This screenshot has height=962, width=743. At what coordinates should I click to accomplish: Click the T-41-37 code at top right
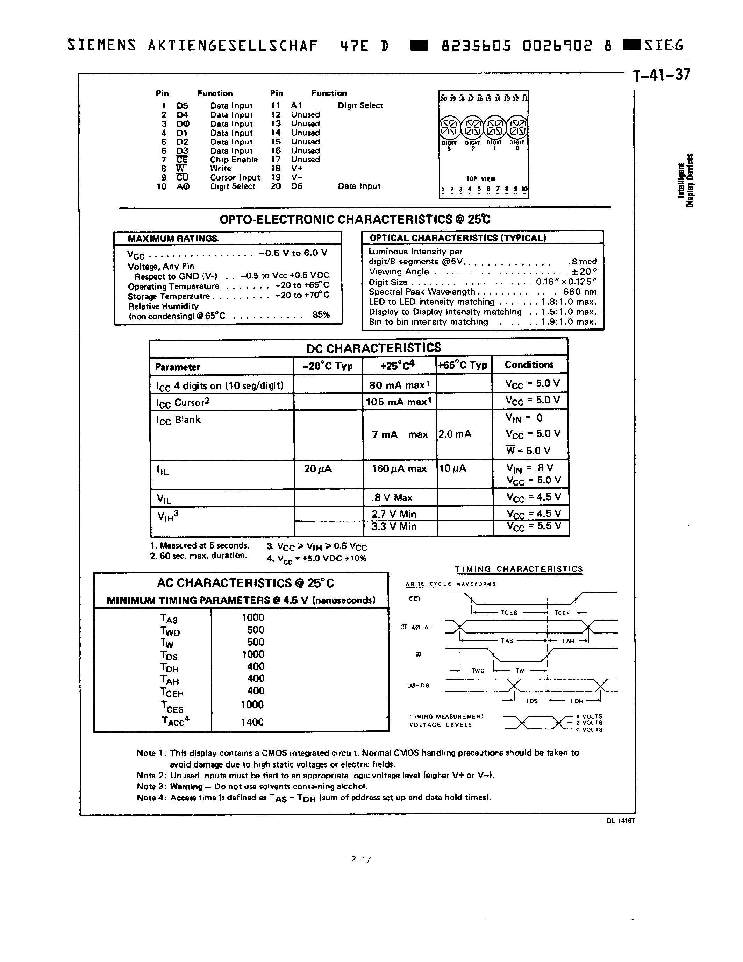[662, 75]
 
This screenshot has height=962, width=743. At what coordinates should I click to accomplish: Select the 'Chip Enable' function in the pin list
[233, 160]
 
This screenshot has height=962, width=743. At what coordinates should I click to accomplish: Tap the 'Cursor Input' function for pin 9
[235, 177]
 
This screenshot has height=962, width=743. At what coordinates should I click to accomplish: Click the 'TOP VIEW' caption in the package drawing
[481, 179]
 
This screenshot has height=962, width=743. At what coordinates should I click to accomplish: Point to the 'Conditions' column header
[529, 365]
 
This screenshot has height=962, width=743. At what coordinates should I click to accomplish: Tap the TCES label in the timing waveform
[508, 613]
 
